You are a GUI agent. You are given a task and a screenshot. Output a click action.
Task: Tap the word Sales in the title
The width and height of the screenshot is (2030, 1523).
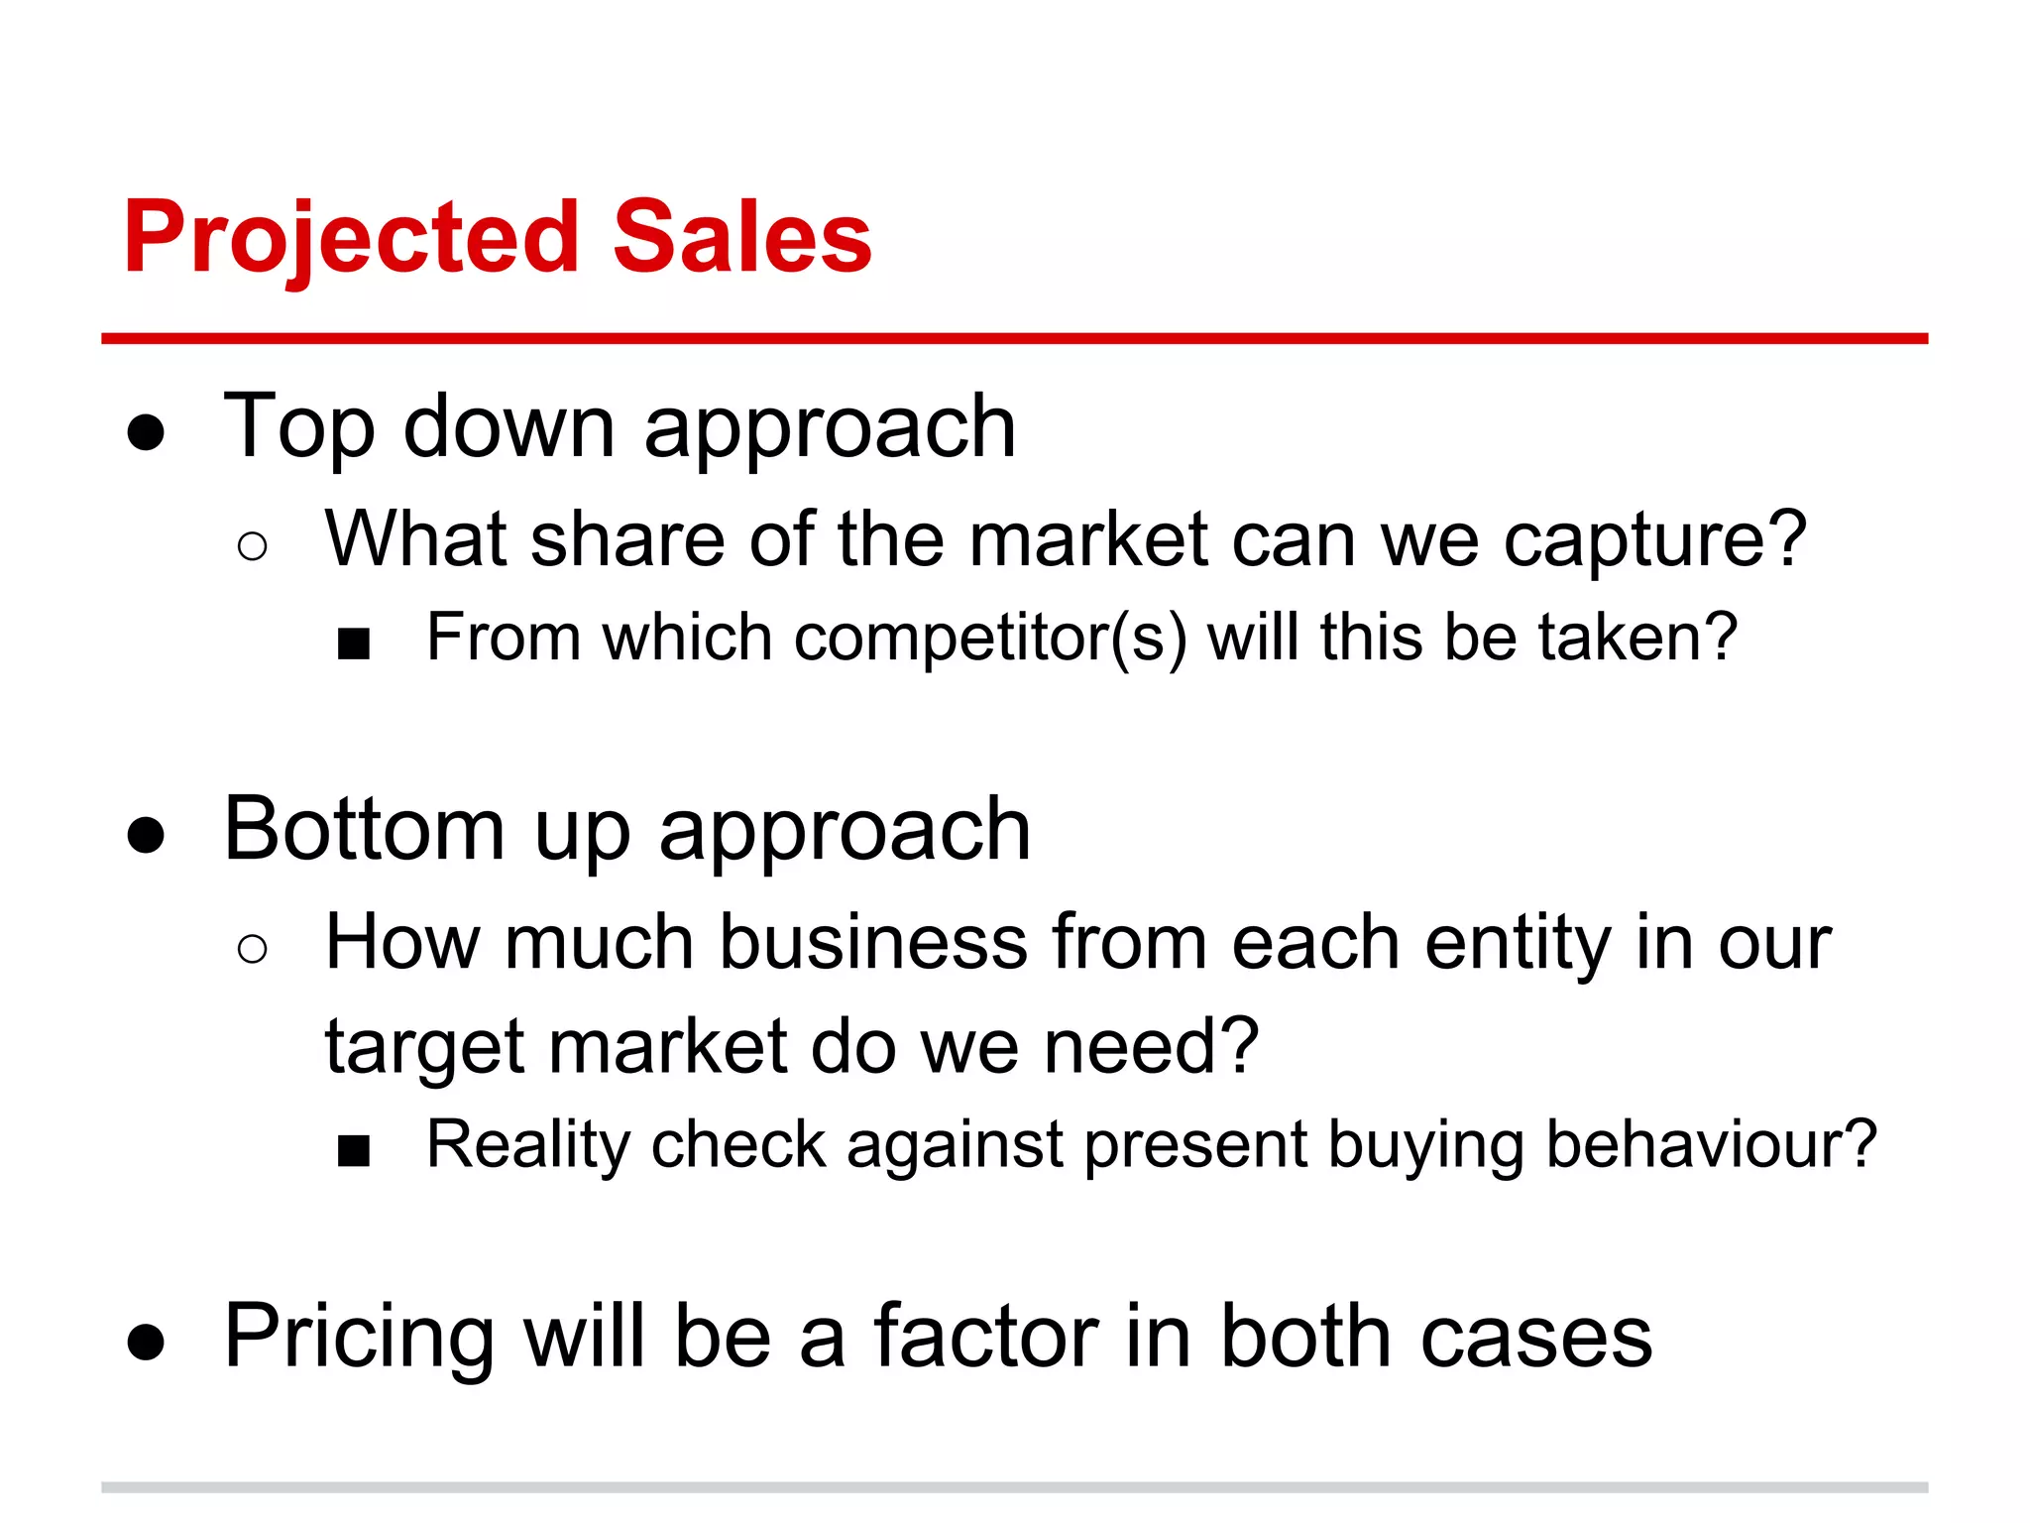point(742,238)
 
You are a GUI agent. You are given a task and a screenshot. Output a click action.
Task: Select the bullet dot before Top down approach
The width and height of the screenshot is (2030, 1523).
point(146,432)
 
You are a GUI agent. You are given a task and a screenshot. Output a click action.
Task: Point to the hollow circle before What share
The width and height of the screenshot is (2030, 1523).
point(253,546)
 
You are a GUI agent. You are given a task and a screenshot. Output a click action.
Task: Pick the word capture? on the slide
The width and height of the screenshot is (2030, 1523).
point(1655,541)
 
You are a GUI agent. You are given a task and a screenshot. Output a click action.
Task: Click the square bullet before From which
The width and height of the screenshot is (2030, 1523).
point(354,644)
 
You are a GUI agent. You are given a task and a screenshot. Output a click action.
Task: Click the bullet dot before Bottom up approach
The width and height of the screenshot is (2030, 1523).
point(146,835)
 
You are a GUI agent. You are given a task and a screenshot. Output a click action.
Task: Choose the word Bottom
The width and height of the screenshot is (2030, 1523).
point(365,829)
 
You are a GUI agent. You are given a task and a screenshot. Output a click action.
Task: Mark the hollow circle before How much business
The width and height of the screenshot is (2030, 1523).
point(253,949)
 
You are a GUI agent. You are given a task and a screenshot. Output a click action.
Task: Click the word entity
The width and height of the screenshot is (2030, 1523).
point(1518,943)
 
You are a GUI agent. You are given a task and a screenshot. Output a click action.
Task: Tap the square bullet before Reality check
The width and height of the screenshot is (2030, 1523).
point(354,1152)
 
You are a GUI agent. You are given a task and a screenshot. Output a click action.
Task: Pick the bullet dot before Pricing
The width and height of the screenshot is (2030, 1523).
point(146,1343)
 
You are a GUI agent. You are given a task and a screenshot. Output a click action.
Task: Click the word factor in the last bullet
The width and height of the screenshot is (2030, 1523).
point(985,1337)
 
